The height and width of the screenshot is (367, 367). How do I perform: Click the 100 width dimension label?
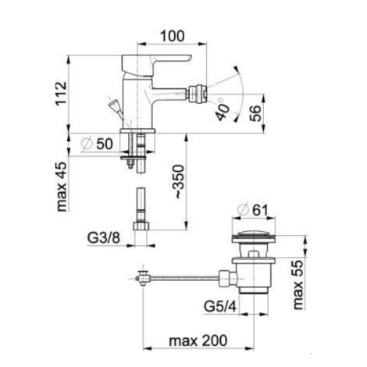[x=172, y=36]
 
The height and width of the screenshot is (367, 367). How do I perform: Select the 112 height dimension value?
[x=62, y=94]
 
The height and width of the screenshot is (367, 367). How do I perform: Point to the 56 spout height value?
[x=255, y=112]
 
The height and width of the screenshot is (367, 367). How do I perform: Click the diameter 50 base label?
[x=97, y=144]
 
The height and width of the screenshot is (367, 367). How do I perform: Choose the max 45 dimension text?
[x=62, y=187]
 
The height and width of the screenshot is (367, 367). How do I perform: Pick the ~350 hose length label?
[x=179, y=181]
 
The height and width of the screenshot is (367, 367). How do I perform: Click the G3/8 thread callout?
[x=103, y=237]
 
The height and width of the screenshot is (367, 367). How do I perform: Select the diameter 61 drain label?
[x=252, y=210]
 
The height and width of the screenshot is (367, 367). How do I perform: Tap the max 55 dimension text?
[x=298, y=285]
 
